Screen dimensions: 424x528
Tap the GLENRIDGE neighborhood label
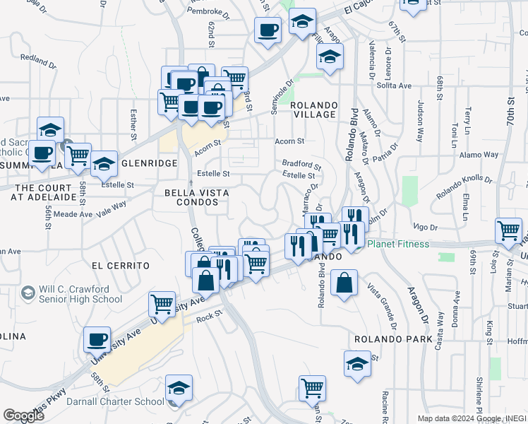tap(149, 163)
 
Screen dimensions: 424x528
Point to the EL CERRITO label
tap(121, 265)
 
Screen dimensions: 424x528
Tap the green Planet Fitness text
tap(397, 244)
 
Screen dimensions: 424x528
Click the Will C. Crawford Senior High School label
tap(81, 294)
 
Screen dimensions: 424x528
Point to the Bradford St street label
tap(302, 163)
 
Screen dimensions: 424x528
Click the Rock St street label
tap(209, 317)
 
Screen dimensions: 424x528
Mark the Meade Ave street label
tap(73, 213)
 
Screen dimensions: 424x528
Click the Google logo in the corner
tap(23, 416)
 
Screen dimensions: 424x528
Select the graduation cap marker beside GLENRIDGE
tap(104, 165)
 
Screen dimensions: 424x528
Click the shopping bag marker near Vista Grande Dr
tap(343, 284)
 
